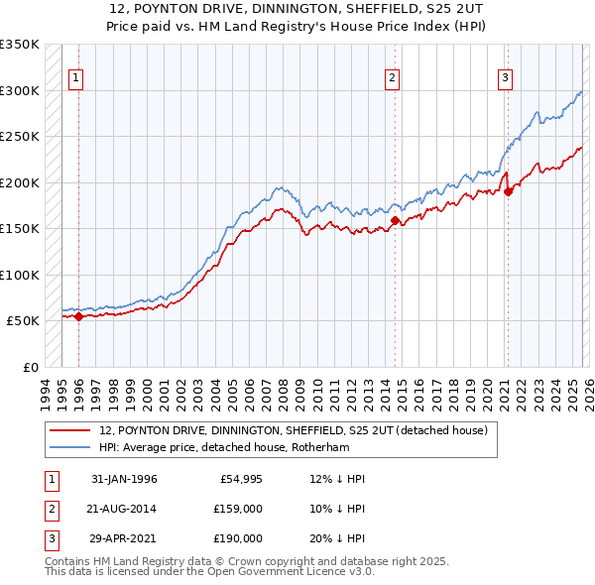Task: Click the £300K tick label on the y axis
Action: click(x=20, y=90)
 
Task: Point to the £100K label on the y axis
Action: click(x=20, y=275)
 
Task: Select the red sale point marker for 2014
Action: click(x=395, y=221)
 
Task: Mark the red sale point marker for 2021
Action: click(x=508, y=192)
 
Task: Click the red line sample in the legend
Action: click(x=71, y=431)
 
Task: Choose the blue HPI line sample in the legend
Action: click(x=71, y=447)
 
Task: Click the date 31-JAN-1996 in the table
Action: click(x=124, y=479)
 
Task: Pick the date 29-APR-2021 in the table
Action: click(x=124, y=538)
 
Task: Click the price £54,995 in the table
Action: click(x=239, y=479)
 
